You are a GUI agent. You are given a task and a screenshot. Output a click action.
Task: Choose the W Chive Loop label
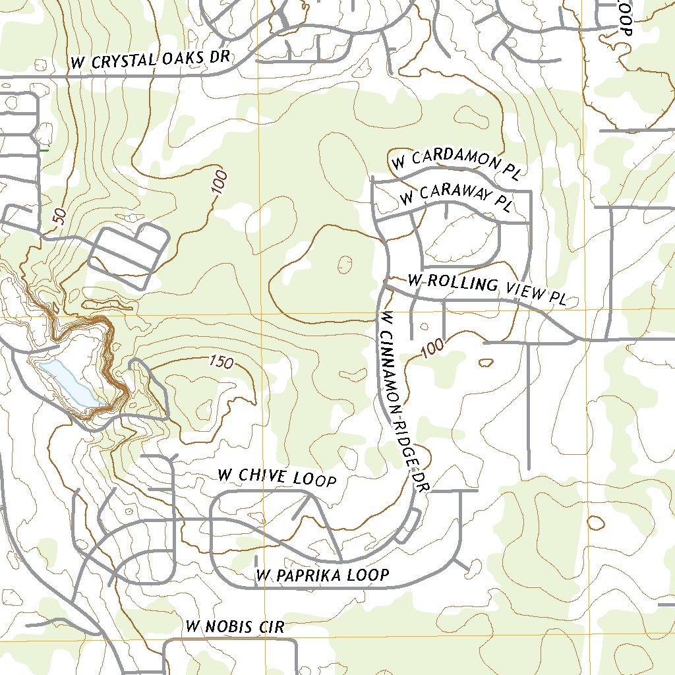pos(277,477)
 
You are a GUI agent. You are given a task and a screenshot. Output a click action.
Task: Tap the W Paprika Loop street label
pos(323,575)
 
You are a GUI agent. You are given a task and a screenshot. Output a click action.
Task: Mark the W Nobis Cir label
pos(235,627)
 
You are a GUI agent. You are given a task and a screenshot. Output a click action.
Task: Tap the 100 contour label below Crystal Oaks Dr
pos(220,183)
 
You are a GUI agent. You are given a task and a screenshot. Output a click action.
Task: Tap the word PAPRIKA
pos(309,575)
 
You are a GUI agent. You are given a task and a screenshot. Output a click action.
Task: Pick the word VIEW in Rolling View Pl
pos(523,291)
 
